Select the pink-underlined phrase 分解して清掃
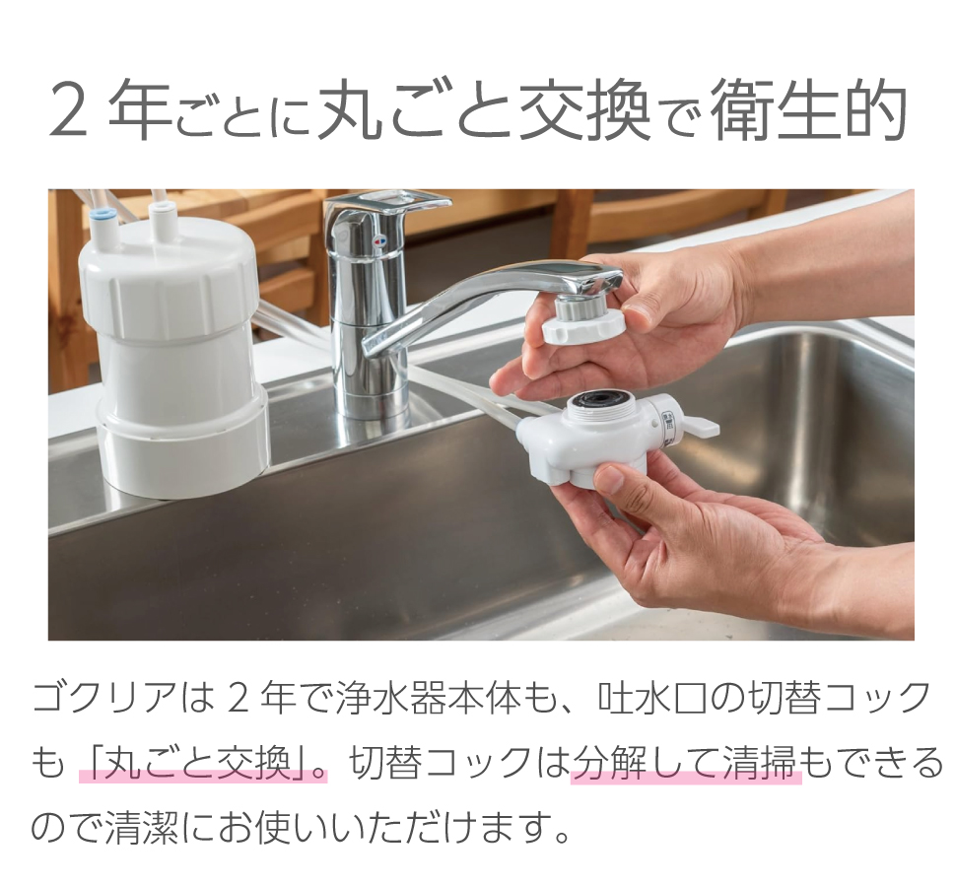(685, 763)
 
